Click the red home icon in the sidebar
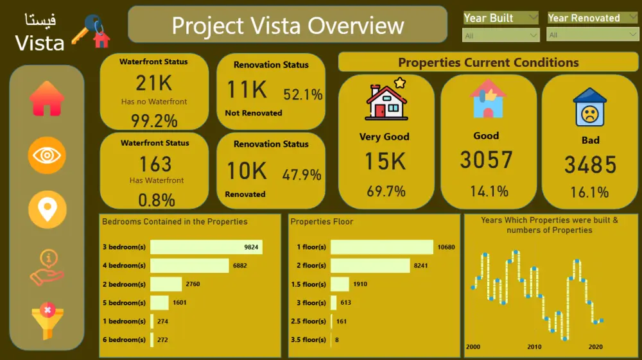tap(47, 99)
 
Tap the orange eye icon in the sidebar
tap(47, 155)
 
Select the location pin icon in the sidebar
tap(47, 209)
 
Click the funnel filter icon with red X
tap(47, 320)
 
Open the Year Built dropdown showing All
tap(501, 35)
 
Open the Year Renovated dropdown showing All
tap(593, 35)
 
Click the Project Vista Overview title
tap(288, 26)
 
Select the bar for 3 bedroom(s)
tap(206, 247)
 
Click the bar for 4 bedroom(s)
tap(189, 266)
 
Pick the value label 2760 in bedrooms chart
tap(193, 284)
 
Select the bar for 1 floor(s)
tap(382, 247)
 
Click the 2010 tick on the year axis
tap(534, 347)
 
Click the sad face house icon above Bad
tap(589, 107)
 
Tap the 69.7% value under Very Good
tap(386, 191)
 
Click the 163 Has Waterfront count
tap(155, 164)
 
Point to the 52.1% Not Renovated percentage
tap(302, 95)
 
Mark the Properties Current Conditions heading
tap(488, 62)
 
